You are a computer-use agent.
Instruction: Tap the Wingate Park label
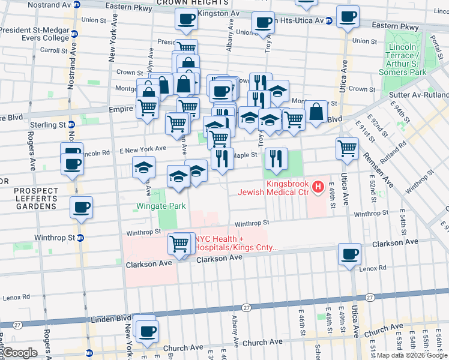click(160, 206)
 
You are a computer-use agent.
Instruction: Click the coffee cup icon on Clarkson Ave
click(349, 254)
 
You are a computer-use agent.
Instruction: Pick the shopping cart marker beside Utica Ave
click(348, 149)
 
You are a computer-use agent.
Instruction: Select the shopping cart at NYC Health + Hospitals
click(179, 244)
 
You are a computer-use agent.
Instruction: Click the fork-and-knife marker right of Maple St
click(276, 158)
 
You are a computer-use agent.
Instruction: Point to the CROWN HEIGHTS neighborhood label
click(183, 3)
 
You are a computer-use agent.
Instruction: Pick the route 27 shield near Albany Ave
click(246, 307)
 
